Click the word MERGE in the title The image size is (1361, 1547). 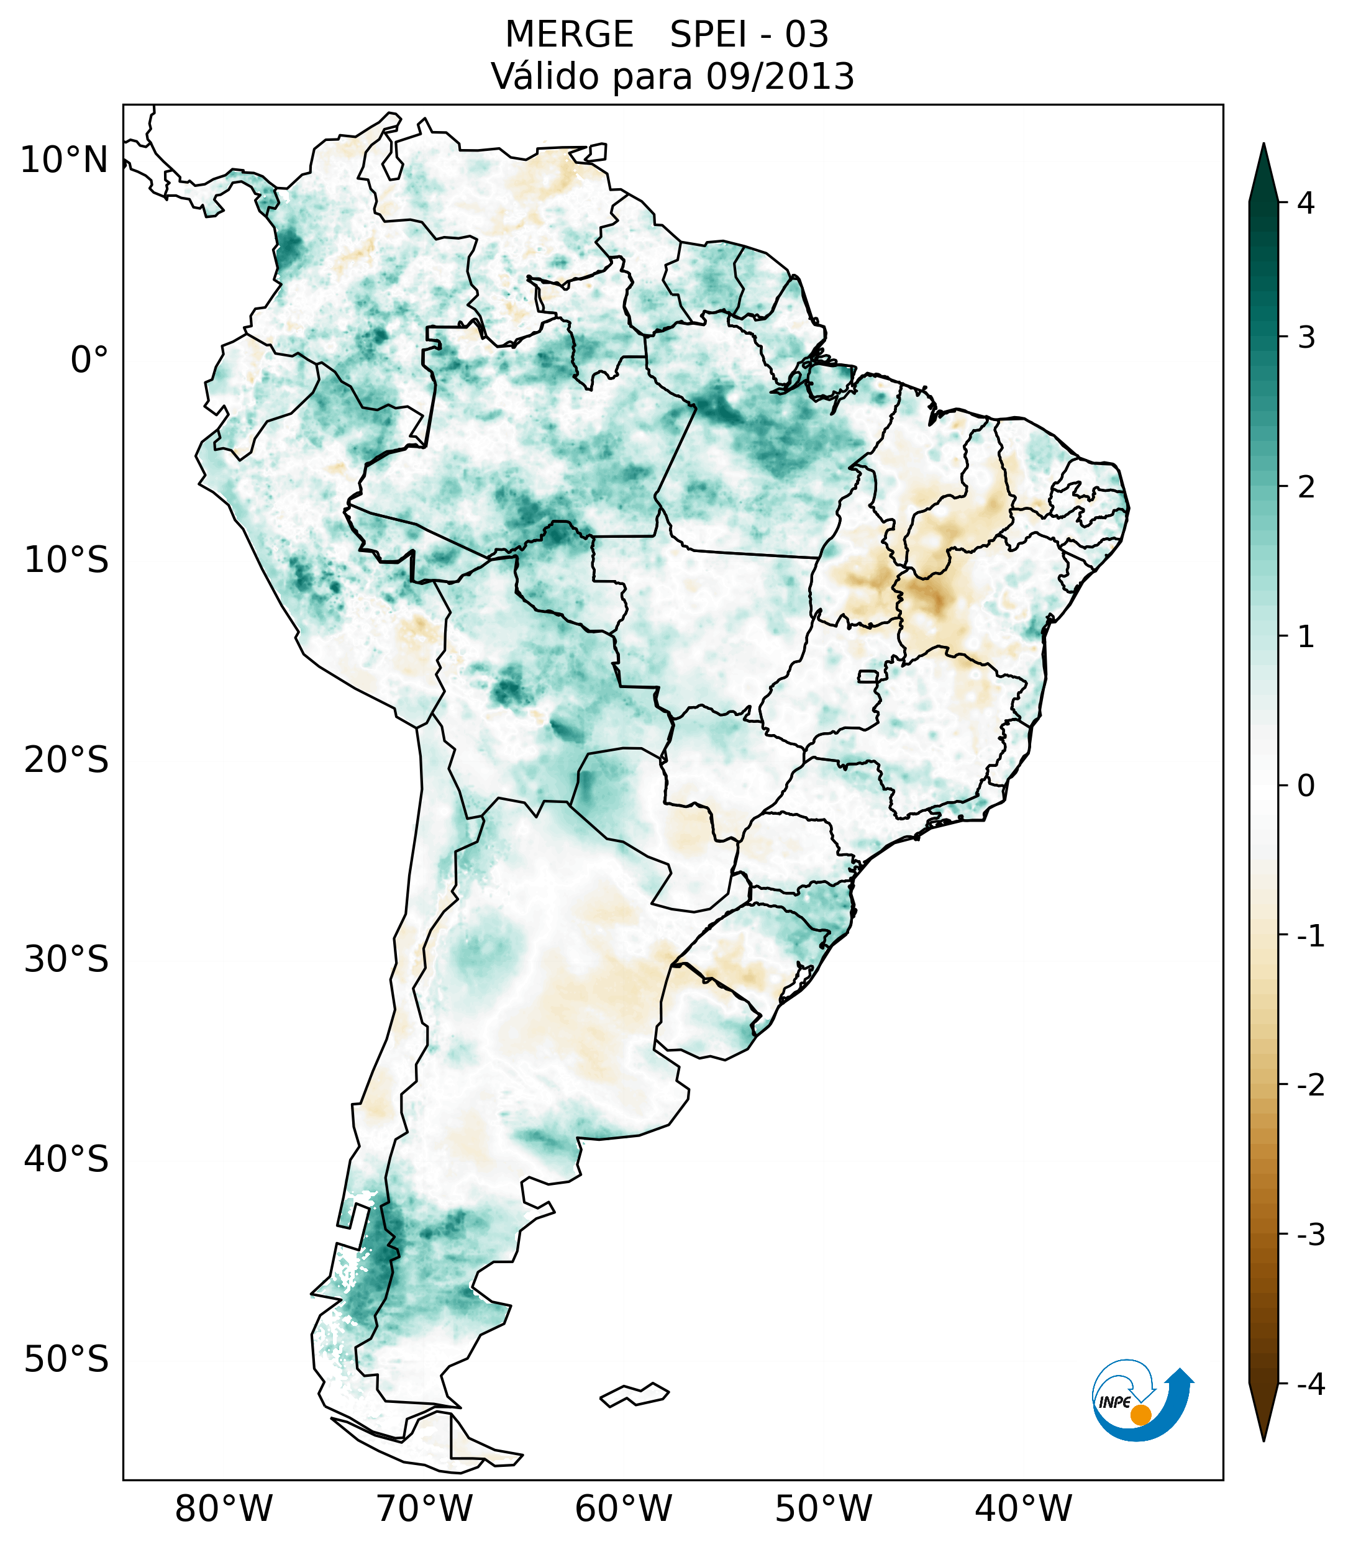569,35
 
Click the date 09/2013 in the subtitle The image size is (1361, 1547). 780,76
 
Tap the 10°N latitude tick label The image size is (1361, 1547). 65,160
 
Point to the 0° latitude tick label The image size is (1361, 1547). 89,360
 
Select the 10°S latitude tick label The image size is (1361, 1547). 66,561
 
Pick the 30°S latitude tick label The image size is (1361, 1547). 66,960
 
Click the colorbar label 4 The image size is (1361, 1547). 1306,203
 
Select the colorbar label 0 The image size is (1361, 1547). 1306,786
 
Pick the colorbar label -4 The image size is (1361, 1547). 1310,1385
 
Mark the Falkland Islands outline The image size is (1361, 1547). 634,1394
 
